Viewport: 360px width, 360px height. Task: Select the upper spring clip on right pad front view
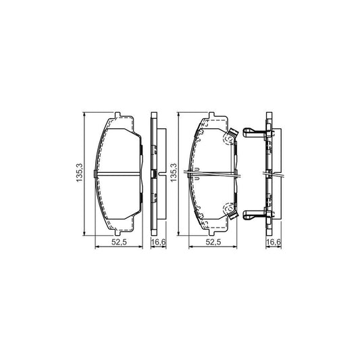tap(229, 137)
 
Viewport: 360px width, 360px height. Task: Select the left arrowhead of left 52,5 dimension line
tap(95, 248)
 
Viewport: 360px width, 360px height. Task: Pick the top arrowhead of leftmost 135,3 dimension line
tap(84, 115)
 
